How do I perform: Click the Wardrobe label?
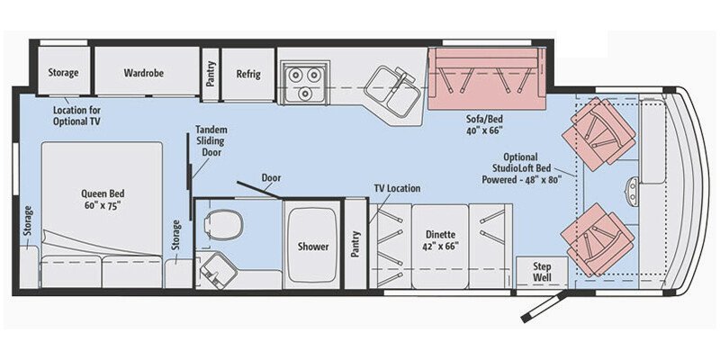[x=143, y=73]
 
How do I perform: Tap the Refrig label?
[x=247, y=73]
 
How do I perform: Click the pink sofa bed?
[x=486, y=78]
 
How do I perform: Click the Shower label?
[x=313, y=247]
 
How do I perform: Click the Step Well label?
[x=542, y=272]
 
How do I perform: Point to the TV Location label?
[x=397, y=189]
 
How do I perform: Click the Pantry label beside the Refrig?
[x=211, y=73]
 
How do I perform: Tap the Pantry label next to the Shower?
[x=355, y=245]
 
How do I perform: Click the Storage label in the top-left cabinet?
[x=62, y=73]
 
